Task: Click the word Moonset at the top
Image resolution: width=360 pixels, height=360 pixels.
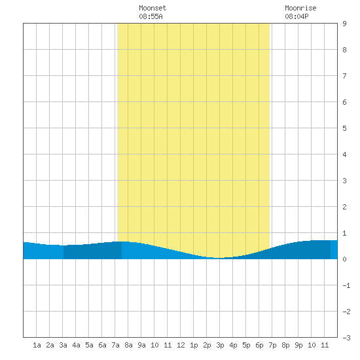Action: point(153,8)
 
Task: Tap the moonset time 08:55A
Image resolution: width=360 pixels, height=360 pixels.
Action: point(151,16)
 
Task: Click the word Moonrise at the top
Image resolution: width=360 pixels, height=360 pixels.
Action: point(300,8)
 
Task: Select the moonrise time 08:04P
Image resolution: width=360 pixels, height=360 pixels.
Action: point(297,16)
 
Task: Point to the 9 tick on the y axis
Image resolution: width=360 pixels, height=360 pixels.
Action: point(344,24)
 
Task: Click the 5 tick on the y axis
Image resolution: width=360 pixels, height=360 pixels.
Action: point(344,128)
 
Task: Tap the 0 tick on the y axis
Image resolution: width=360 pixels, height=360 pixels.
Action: point(344,259)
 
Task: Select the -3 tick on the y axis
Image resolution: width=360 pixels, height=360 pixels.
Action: point(346,338)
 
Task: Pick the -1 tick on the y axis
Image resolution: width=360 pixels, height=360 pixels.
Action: point(346,285)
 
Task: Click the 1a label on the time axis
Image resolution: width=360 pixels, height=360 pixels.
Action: point(37,345)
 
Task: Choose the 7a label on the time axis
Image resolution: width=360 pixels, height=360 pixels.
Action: point(115,345)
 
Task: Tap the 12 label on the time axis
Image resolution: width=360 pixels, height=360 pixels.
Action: point(181,345)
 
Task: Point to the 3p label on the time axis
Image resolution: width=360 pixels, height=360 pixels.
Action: point(220,345)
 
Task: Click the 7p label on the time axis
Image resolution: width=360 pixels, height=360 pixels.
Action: point(272,345)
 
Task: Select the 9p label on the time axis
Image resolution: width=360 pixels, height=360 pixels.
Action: point(298,345)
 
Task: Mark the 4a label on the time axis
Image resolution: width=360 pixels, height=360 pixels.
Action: point(76,345)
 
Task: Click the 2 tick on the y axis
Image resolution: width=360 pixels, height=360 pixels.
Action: point(344,207)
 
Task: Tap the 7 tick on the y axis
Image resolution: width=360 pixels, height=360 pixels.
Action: point(344,76)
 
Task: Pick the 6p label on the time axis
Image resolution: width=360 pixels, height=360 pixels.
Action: point(259,345)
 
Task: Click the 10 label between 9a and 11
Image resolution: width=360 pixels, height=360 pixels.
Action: point(154,345)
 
